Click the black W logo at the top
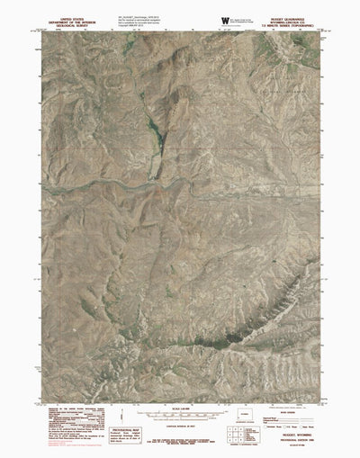click(x=224, y=19)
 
